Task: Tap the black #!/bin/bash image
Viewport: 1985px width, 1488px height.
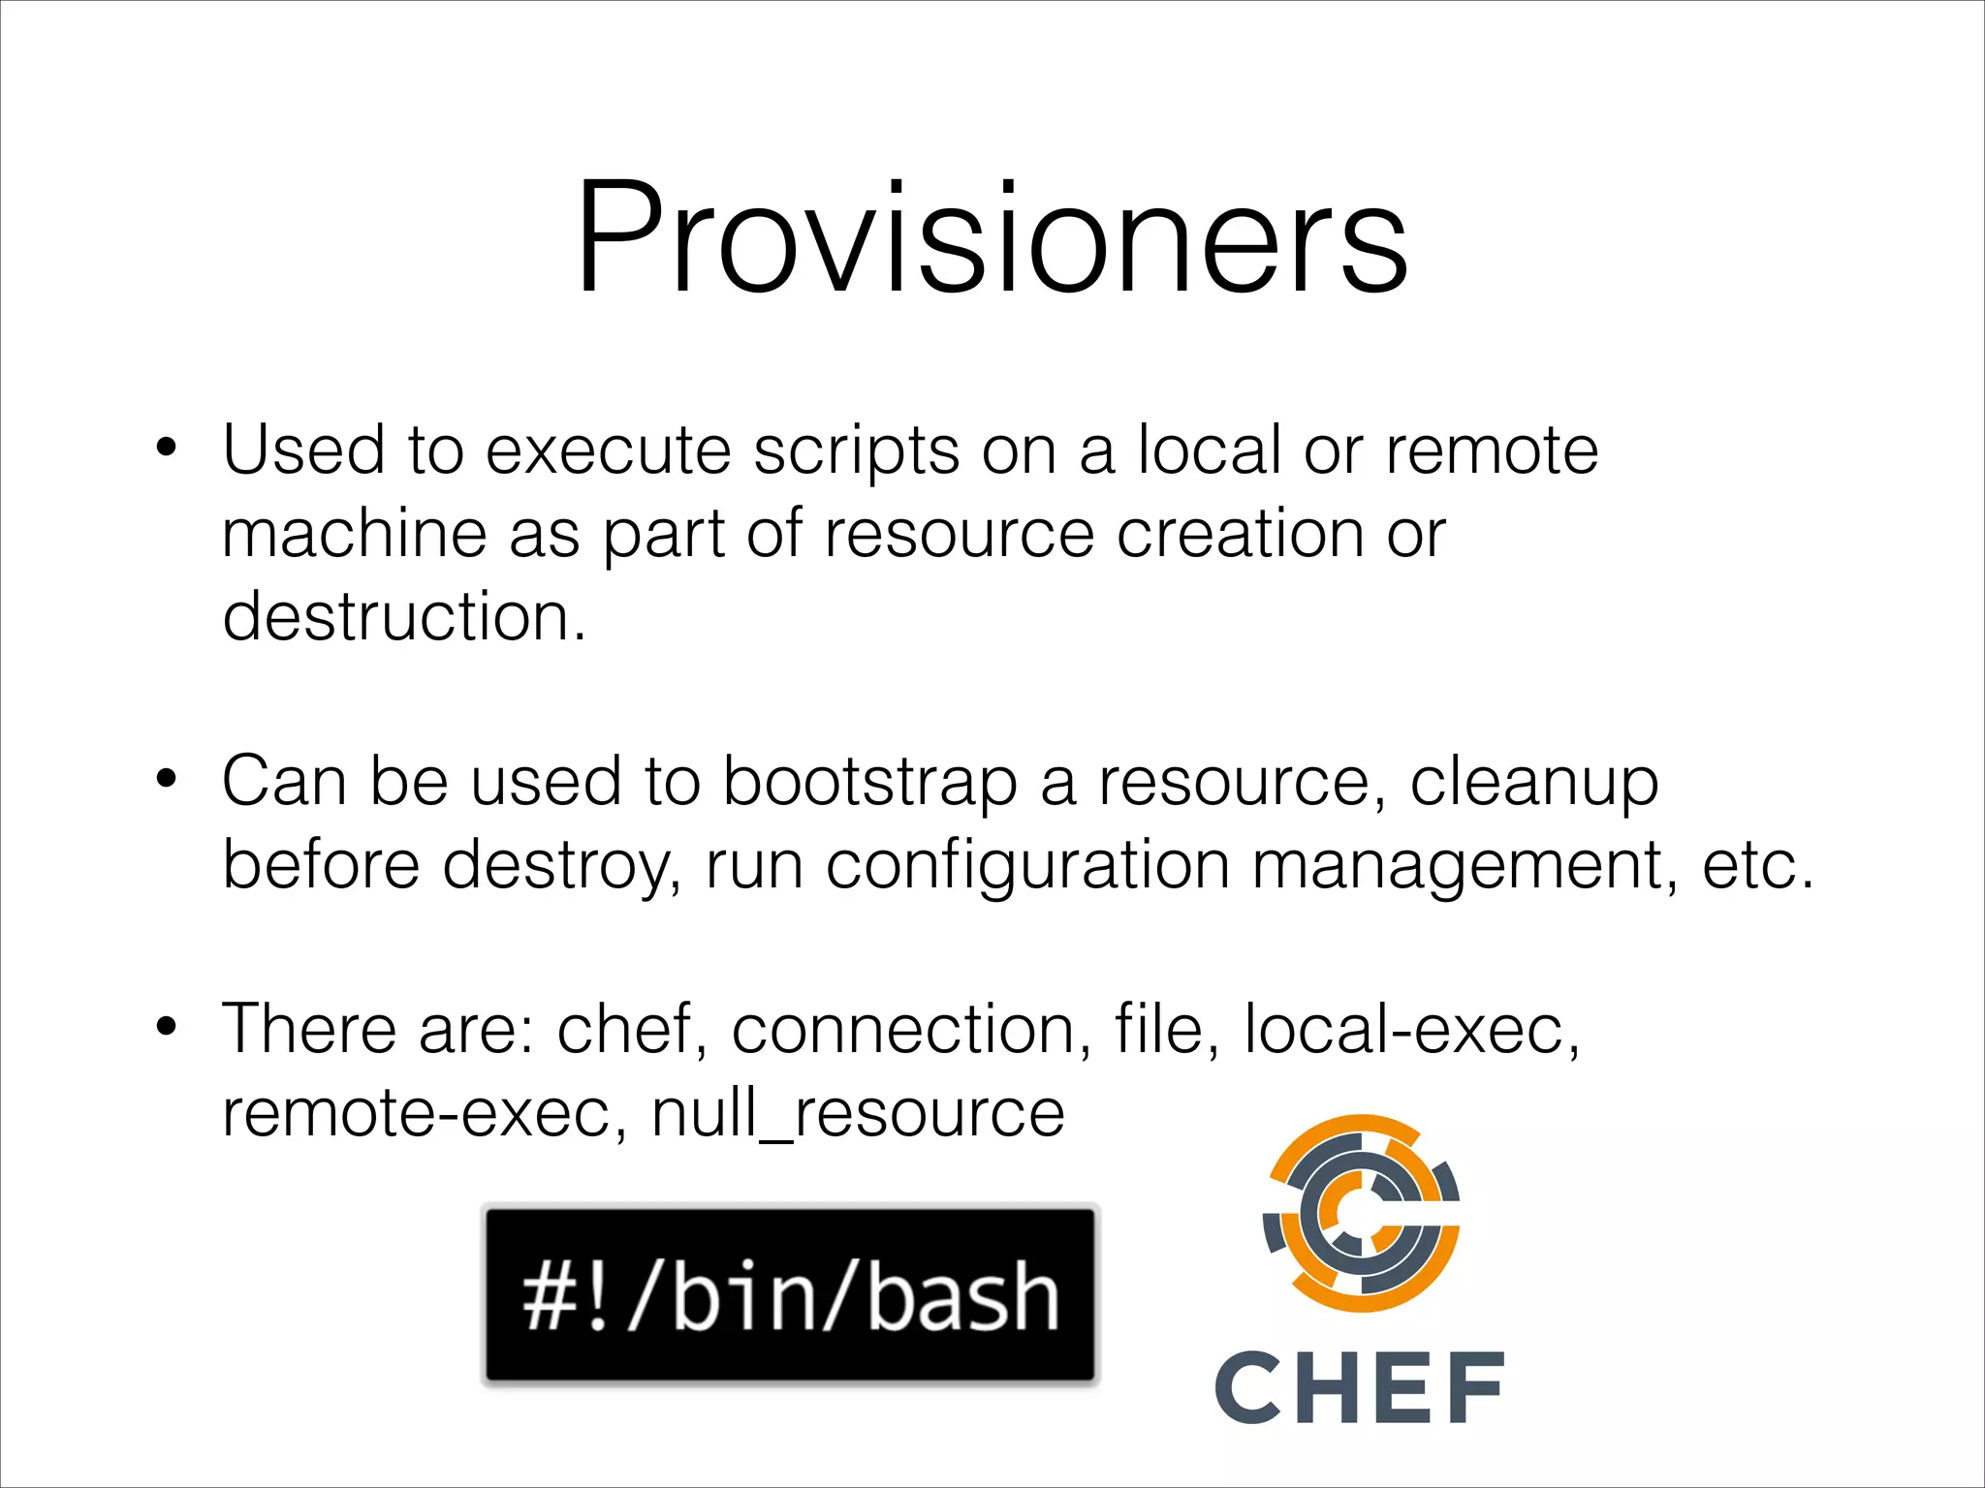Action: tap(790, 1294)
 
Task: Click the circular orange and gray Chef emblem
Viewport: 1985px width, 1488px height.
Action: tap(1361, 1213)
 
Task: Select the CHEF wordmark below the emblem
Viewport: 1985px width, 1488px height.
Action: tap(1359, 1387)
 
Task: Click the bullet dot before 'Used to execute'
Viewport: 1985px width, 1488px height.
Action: tap(167, 449)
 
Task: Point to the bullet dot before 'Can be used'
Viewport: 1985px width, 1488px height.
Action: tap(167, 779)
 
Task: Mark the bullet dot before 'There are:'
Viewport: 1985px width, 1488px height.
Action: tap(167, 1027)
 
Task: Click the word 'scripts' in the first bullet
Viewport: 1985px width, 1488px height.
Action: tap(856, 452)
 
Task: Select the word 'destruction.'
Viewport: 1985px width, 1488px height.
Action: tap(404, 617)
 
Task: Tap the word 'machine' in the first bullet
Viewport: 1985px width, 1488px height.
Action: tap(354, 534)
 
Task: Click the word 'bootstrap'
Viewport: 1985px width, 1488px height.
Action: tap(869, 782)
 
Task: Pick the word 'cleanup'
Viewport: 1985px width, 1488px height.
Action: tap(1533, 784)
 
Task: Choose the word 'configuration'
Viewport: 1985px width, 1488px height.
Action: tap(1027, 866)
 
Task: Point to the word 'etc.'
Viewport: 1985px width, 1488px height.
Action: tap(1757, 866)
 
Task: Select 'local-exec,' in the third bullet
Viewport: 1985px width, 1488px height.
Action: tap(1411, 1029)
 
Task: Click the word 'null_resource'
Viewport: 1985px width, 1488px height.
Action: tap(858, 1114)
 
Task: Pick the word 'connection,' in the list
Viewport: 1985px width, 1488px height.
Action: tap(911, 1029)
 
